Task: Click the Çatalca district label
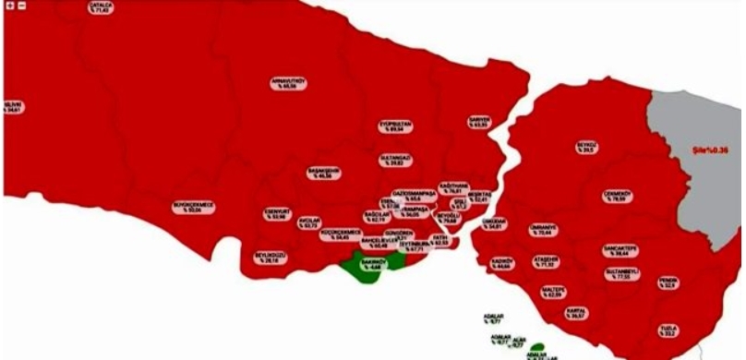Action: click(101, 8)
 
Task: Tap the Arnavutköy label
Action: click(288, 84)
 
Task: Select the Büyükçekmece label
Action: click(193, 207)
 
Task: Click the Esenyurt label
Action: click(274, 214)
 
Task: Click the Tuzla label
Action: click(668, 330)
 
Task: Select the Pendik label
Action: click(668, 282)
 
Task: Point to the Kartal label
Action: click(578, 313)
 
